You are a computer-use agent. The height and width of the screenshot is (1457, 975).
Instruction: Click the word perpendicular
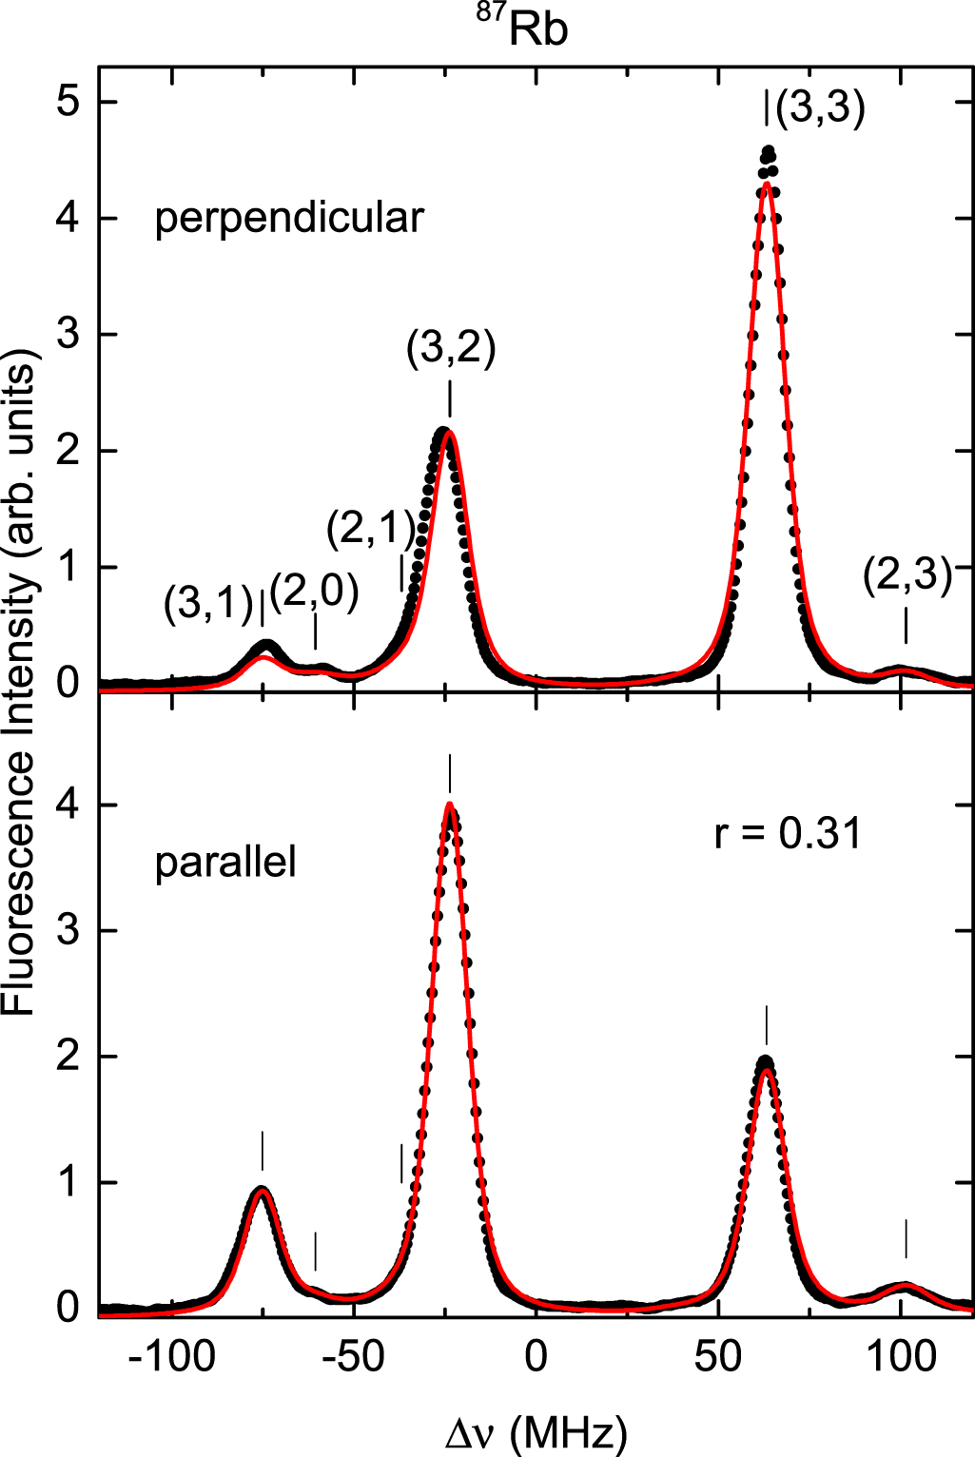(288, 218)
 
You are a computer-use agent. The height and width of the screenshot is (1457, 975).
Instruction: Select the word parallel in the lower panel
(225, 862)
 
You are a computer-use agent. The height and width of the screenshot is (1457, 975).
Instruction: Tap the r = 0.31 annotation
(788, 833)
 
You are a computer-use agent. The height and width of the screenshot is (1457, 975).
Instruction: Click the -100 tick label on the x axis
(171, 1356)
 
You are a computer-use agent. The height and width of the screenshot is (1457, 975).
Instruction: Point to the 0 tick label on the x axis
(536, 1356)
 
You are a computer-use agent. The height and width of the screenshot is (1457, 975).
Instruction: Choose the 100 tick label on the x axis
(900, 1356)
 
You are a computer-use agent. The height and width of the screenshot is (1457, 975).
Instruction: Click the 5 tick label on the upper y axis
(68, 101)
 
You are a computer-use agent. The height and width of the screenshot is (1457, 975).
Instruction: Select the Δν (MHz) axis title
(536, 1431)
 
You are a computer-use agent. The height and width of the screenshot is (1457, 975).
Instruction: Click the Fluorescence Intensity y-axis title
(19, 683)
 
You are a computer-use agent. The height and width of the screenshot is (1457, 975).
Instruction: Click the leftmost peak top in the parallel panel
(262, 1189)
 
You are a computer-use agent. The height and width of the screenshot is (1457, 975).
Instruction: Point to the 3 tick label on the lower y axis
(68, 930)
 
